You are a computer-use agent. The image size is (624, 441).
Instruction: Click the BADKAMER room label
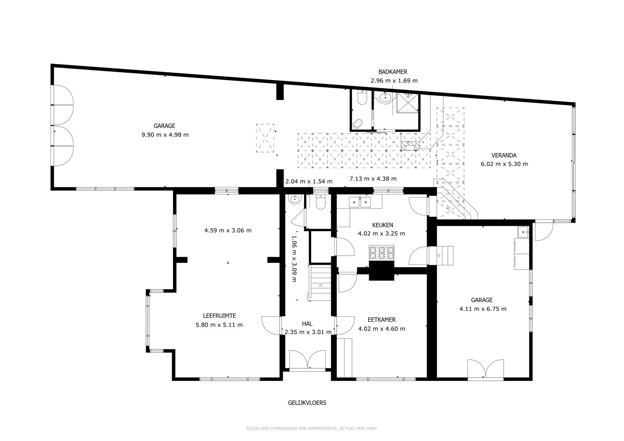tap(393, 72)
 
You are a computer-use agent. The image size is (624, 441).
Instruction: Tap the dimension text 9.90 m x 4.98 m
tap(165, 135)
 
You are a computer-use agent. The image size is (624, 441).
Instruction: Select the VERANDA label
tap(504, 155)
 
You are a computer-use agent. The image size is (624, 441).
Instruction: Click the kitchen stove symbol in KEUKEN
tap(382, 252)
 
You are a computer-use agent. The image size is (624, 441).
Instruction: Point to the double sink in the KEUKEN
tap(360, 202)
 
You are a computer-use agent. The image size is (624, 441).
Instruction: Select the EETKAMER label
tap(382, 320)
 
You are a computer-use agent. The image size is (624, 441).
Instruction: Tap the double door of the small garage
tap(485, 369)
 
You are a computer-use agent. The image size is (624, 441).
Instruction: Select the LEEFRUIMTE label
tap(219, 316)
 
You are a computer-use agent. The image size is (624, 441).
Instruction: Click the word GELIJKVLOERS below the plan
tap(307, 403)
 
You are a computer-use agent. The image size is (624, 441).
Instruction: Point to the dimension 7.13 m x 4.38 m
tap(373, 179)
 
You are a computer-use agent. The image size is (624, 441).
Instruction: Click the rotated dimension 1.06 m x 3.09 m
tap(294, 258)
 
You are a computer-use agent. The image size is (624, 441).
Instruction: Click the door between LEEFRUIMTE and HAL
tap(271, 325)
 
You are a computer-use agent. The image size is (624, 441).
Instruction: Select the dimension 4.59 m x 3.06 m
tap(228, 230)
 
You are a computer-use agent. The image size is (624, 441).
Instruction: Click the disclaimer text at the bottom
tap(312, 429)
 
